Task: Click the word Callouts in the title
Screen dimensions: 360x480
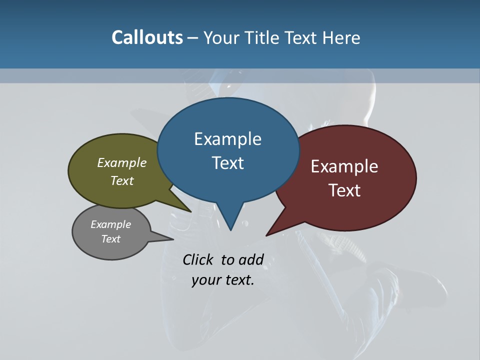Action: (147, 37)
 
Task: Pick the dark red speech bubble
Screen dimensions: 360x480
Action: (380, 200)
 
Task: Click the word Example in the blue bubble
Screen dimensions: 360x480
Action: (227, 139)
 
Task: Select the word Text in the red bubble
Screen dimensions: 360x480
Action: (345, 190)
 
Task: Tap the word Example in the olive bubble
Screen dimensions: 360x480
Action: (122, 162)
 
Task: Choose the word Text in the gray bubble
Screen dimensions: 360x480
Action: (111, 239)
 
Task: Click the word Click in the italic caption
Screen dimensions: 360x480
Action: (198, 259)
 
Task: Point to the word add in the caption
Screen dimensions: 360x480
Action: (251, 259)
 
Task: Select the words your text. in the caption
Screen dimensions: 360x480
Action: (223, 280)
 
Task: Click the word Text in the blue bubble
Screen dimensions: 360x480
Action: (228, 163)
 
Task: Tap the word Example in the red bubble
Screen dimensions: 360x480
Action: (344, 166)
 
